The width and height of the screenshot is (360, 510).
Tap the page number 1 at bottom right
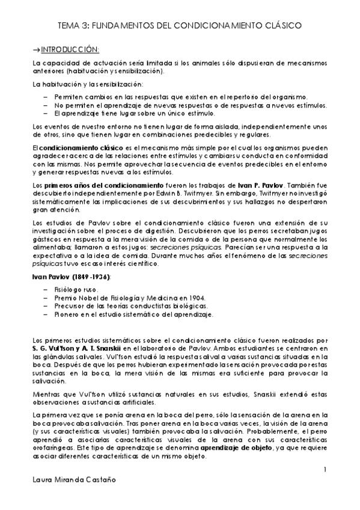(x=325, y=469)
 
